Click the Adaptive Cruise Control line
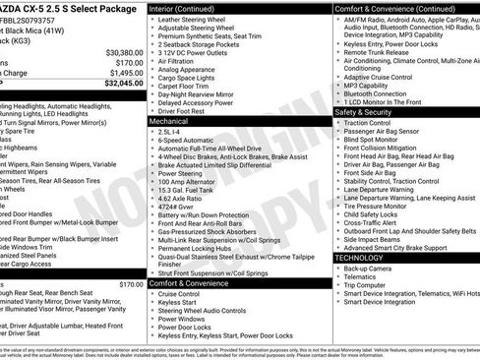point(381,76)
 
